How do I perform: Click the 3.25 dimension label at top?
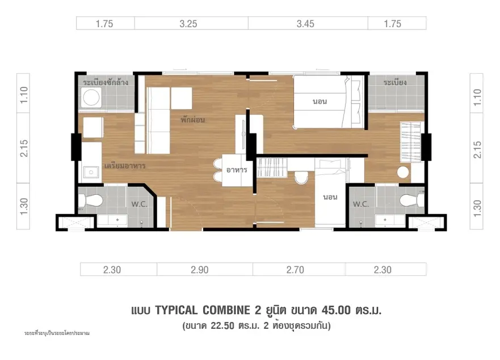point(188,24)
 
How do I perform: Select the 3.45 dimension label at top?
point(305,24)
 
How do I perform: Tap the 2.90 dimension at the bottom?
point(200,270)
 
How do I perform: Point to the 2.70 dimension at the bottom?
point(295,270)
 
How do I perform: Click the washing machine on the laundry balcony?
point(91,97)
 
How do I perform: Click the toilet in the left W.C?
point(91,201)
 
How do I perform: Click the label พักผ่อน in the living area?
point(192,120)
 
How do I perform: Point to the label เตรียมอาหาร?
point(125,166)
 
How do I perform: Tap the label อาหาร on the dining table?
point(237,170)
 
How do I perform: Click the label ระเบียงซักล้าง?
point(106,82)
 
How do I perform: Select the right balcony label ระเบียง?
point(395,82)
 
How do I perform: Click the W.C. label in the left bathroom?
point(140,204)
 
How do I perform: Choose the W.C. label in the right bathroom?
point(360,204)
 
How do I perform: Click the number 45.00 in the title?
point(336,310)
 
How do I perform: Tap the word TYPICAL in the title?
point(176,310)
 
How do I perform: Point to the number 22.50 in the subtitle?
point(222,326)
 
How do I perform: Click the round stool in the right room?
point(403,173)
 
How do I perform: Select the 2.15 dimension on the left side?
point(24,148)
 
